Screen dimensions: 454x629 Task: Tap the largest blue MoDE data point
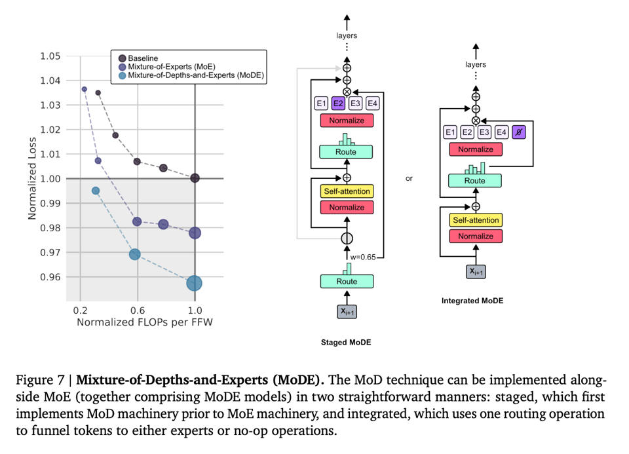(194, 283)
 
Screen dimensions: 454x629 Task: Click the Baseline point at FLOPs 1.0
(195, 178)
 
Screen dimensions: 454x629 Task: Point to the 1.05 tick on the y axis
(50, 56)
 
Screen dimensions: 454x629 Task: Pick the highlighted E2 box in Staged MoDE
(338, 103)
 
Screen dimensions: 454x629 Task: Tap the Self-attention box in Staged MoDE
(347, 192)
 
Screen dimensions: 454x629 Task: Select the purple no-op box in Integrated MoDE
(518, 132)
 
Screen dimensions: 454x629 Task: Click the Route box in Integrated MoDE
(475, 181)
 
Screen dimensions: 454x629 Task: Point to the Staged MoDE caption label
(347, 342)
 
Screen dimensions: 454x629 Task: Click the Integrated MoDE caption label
(472, 301)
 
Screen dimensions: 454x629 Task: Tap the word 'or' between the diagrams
(409, 178)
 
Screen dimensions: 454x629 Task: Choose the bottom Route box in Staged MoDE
(347, 281)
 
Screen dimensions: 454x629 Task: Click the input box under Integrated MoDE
(476, 271)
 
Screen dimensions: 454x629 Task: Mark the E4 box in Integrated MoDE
(501, 132)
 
